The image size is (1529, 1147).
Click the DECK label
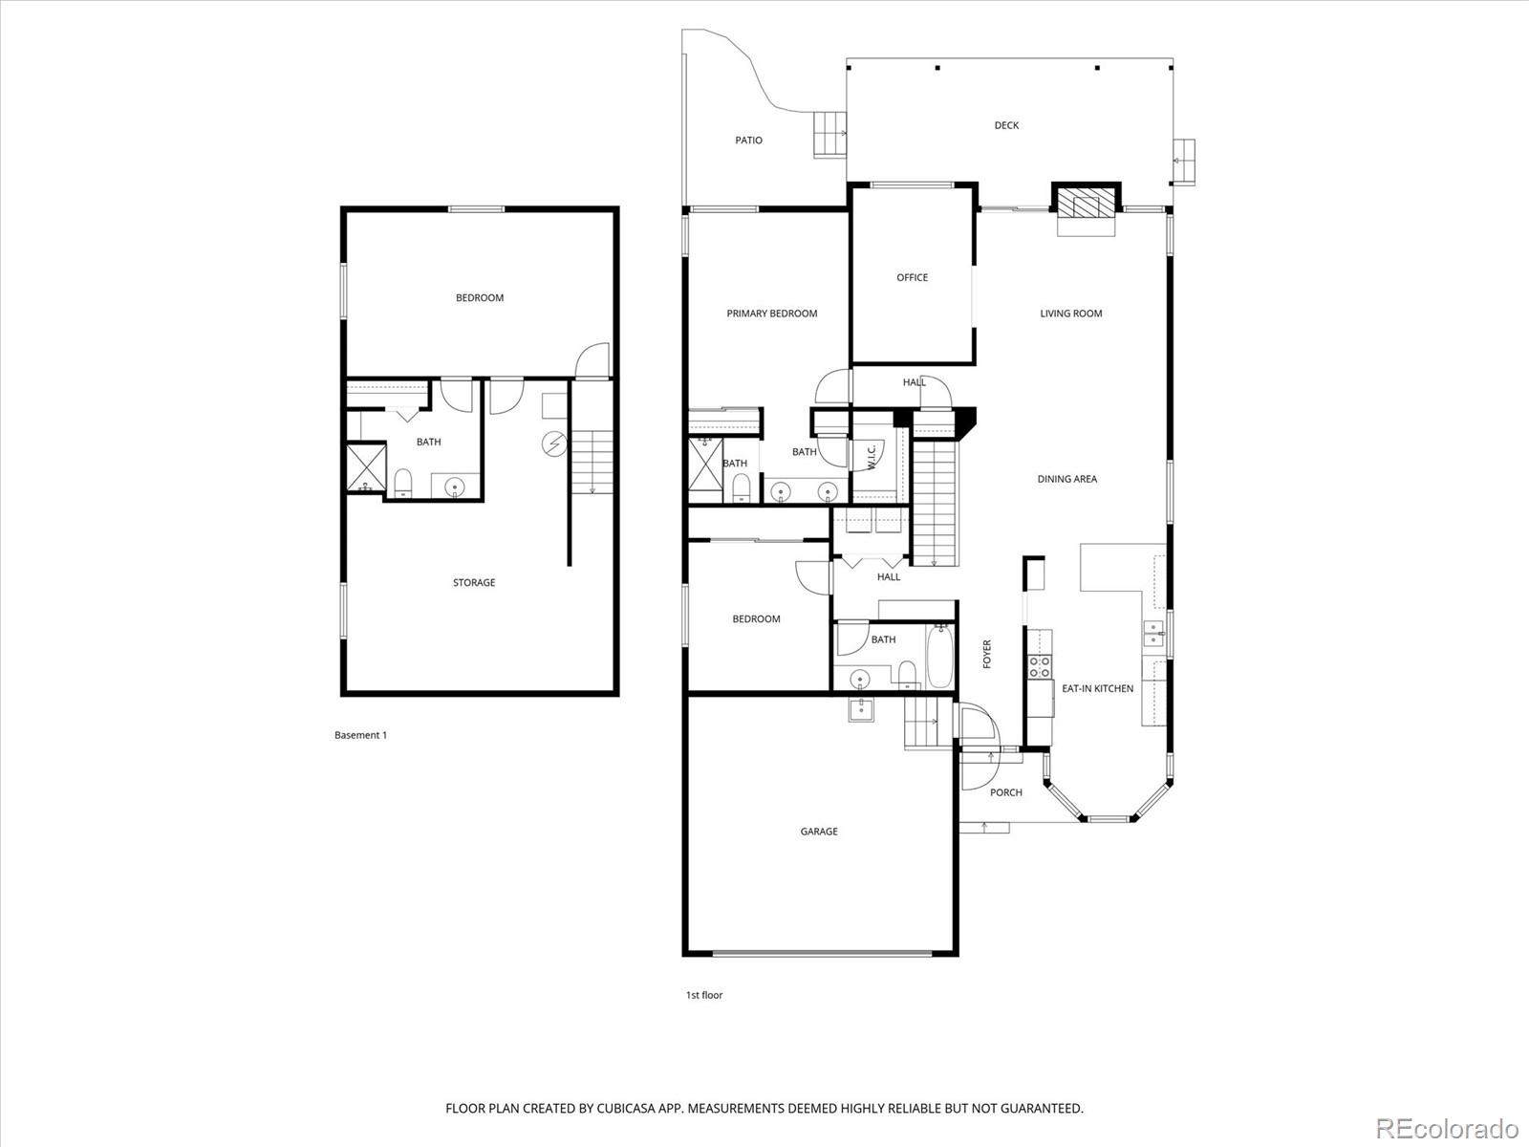[x=1006, y=125]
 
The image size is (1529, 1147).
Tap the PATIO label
[x=748, y=141]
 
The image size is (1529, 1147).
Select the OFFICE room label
[x=912, y=277]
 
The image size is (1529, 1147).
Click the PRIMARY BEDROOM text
[x=771, y=314]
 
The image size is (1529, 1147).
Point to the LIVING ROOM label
[x=1070, y=314]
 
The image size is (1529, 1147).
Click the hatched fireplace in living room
[x=1085, y=203]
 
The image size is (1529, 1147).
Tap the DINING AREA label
[x=1066, y=479]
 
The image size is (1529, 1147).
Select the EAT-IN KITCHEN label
[x=1097, y=688]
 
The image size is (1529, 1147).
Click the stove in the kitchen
[x=1039, y=666]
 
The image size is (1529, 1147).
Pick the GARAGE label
[x=819, y=832]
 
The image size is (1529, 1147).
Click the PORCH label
[x=1005, y=792]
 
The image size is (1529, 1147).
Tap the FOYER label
[x=987, y=654]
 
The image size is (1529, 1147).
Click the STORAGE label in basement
[x=474, y=582]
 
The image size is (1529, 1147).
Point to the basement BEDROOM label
[x=479, y=298]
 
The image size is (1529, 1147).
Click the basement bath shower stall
[x=364, y=468]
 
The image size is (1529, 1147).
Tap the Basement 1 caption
[x=360, y=735]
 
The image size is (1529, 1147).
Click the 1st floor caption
[x=703, y=995]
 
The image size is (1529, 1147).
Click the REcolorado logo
[x=1446, y=1127]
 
